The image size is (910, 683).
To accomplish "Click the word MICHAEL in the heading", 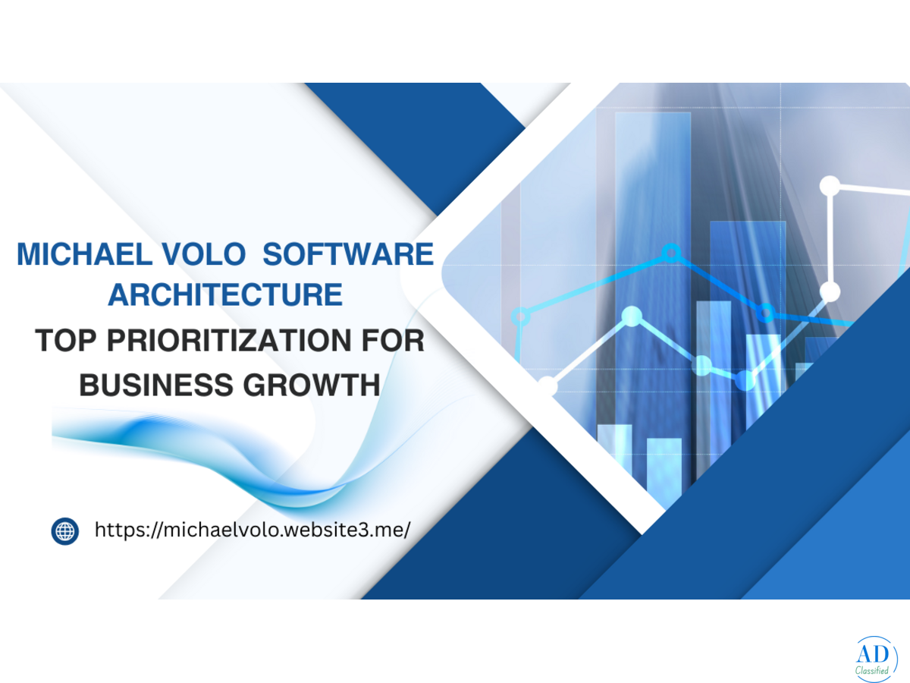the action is click(x=85, y=253).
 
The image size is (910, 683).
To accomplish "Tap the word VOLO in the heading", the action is click(x=203, y=253).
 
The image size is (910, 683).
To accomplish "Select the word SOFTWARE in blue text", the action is click(x=348, y=253).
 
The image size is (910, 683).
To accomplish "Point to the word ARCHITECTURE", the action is click(x=225, y=295).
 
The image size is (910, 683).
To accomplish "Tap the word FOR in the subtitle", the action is click(x=393, y=341).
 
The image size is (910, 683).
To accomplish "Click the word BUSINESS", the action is click(x=156, y=385).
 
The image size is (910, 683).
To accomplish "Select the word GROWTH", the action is click(x=312, y=385).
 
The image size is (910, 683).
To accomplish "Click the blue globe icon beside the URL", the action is click(x=65, y=531).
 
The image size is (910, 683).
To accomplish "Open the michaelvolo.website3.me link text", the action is click(x=253, y=530).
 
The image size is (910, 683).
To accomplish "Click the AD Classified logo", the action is click(x=876, y=659).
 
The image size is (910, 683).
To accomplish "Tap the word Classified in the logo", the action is click(x=872, y=670).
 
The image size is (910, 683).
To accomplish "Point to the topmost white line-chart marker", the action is click(x=830, y=186).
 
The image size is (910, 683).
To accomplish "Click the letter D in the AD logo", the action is click(x=882, y=654).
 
